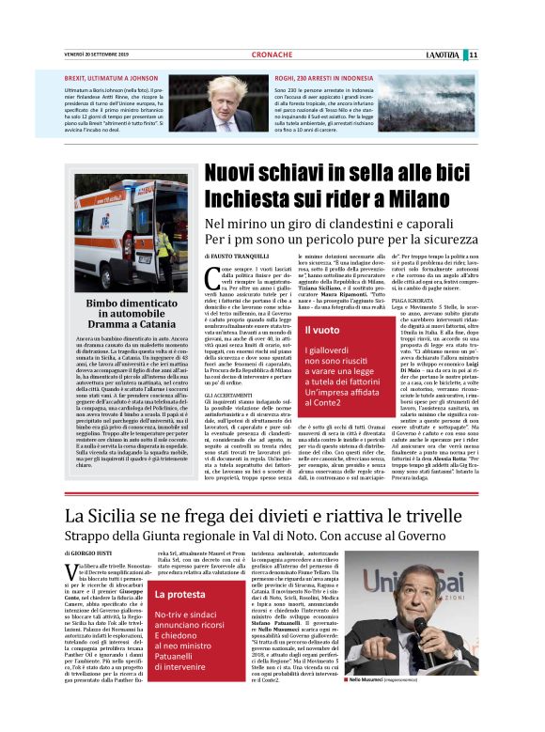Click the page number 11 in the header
point(474,55)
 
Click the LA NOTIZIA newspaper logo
point(444,55)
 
